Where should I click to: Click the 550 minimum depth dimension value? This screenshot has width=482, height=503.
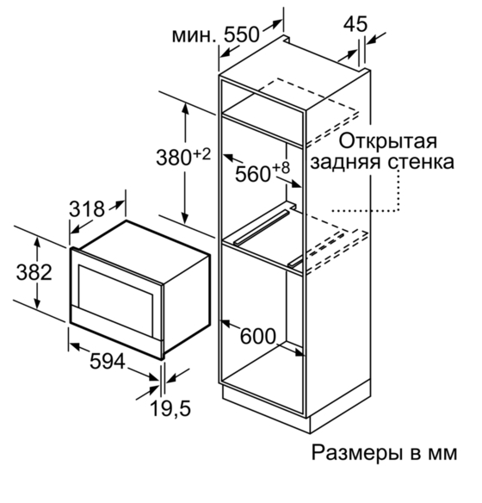pyautogui.click(x=241, y=34)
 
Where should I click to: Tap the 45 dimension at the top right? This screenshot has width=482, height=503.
pyautogui.click(x=355, y=24)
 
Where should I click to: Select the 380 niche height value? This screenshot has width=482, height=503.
pyautogui.click(x=174, y=158)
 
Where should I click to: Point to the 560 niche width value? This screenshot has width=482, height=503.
pyautogui.click(x=253, y=174)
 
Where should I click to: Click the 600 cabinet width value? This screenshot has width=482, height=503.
pyautogui.click(x=258, y=336)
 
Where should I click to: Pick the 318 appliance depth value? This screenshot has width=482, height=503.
pyautogui.click(x=87, y=208)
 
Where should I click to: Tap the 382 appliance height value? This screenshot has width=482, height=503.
pyautogui.click(x=34, y=272)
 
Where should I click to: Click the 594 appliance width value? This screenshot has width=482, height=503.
pyautogui.click(x=107, y=361)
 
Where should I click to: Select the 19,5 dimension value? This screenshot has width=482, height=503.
pyautogui.click(x=170, y=408)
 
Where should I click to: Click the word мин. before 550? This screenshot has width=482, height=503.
pyautogui.click(x=195, y=36)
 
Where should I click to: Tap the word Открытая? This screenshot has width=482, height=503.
pyautogui.click(x=388, y=141)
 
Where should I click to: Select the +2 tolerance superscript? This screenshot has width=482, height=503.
pyautogui.click(x=202, y=155)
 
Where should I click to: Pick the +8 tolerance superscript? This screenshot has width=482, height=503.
pyautogui.click(x=281, y=168)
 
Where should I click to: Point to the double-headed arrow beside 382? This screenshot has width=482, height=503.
pyautogui.click(x=38, y=273)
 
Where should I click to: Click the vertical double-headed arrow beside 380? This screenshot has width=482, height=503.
pyautogui.click(x=185, y=163)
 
